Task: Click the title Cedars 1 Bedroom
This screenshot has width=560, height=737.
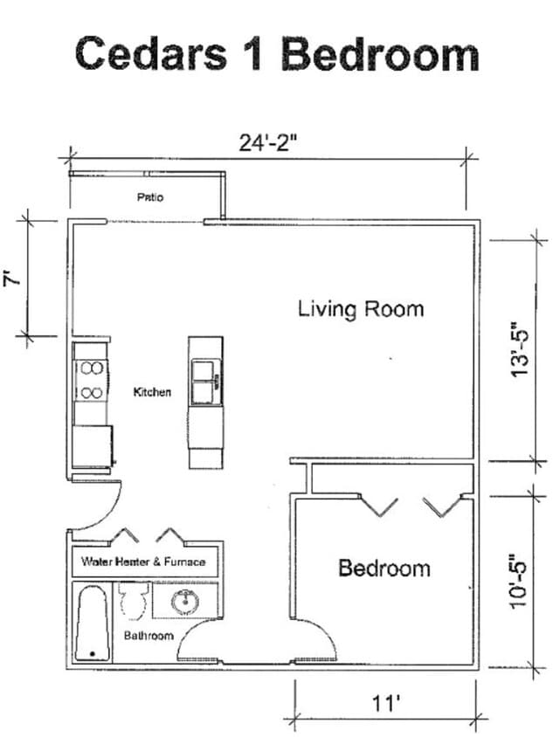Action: [x=277, y=53]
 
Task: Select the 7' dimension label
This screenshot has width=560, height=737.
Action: [x=12, y=279]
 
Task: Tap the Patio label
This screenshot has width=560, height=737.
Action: [x=149, y=197]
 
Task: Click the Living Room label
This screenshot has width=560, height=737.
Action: [x=360, y=308]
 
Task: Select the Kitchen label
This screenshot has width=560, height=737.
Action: [x=152, y=392]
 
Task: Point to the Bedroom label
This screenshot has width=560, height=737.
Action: [x=384, y=568]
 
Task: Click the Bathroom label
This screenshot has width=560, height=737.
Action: [x=148, y=636]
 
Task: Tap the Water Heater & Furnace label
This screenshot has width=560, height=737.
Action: [x=143, y=561]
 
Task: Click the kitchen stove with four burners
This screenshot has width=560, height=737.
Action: [x=91, y=381]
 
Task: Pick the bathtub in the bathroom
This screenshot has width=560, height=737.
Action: [x=92, y=623]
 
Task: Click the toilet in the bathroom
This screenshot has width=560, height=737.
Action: [x=134, y=601]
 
